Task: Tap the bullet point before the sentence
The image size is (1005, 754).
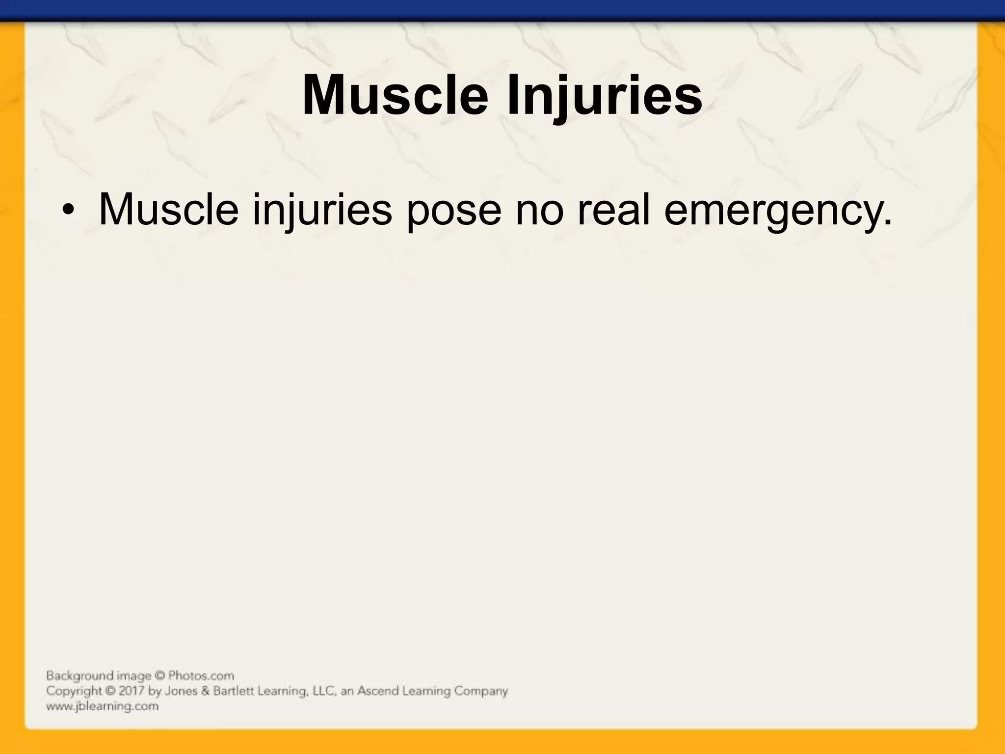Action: click(x=68, y=211)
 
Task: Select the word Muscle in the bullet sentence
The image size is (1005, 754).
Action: click(x=168, y=210)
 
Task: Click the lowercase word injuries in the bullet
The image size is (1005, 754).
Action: click(x=322, y=210)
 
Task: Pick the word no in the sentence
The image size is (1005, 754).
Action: click(x=539, y=210)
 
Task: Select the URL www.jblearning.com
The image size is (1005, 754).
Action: click(x=102, y=706)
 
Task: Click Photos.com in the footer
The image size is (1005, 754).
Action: click(x=201, y=676)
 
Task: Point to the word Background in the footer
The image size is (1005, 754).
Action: click(x=73, y=676)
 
